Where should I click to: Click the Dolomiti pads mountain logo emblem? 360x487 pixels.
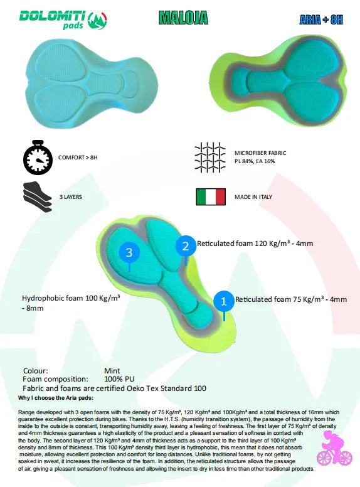point(97,21)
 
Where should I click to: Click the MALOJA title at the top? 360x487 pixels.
point(183,18)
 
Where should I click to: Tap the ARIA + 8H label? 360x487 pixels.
point(321,20)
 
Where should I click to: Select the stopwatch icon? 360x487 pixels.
point(38,158)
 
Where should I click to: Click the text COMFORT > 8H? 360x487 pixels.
point(78,158)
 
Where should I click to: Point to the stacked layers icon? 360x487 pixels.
point(37,197)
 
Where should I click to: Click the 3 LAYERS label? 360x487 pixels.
point(71,197)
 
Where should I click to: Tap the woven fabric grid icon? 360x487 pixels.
point(210,158)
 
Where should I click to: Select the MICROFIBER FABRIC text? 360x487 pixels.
point(260,153)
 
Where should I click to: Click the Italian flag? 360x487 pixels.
point(211,197)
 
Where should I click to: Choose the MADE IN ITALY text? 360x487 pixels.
point(253,197)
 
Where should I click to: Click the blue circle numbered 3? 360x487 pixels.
point(129,252)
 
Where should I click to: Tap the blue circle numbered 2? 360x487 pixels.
point(186,246)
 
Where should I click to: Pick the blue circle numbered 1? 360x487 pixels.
point(224,301)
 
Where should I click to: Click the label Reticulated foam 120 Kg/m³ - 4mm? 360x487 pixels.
point(255,243)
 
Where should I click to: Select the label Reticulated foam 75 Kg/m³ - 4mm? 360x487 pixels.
point(291,299)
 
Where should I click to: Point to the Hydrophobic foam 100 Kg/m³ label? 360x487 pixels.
point(71,303)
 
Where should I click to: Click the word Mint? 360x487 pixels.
point(112,371)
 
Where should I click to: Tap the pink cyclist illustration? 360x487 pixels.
point(334,448)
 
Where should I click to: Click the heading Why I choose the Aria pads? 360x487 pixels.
point(56,398)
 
